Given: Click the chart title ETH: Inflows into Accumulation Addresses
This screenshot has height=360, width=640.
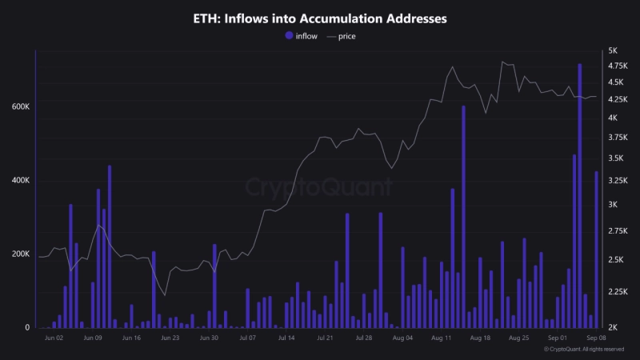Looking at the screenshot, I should point(320,17).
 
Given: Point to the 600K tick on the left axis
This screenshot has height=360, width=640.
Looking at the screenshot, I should point(20,107).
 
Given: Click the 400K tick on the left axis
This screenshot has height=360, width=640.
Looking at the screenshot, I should point(20,181).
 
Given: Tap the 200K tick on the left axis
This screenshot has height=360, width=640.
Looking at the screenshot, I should point(20,254).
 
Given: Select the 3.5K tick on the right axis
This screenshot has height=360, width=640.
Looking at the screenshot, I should point(617,160).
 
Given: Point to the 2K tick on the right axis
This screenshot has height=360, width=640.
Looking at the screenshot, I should point(613,327).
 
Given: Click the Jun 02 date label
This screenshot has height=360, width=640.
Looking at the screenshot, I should point(54,338).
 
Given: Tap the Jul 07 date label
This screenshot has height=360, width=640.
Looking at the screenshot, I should point(248,338).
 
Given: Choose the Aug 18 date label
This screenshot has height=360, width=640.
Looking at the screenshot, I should point(480,338).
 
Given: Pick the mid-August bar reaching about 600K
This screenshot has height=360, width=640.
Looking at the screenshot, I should point(463,216).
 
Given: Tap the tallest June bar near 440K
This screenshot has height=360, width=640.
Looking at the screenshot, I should point(110,246).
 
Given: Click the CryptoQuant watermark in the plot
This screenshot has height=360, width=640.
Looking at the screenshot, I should point(318,188).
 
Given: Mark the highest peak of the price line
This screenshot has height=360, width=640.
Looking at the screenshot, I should point(502,62).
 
